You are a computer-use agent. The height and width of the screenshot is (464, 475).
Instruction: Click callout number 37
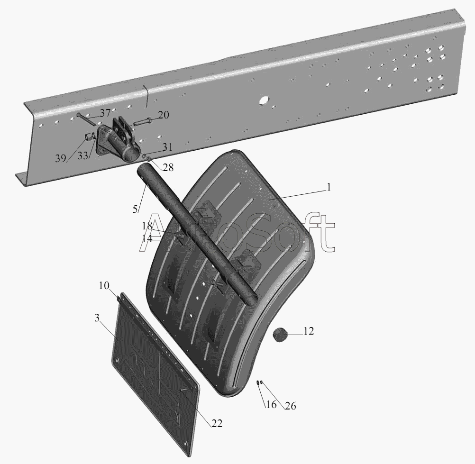coord(105,113)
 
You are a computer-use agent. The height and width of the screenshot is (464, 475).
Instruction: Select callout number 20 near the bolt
coord(163,115)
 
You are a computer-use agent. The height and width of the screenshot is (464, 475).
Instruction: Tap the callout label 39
coord(61,158)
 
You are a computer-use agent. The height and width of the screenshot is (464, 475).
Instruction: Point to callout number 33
coord(82,155)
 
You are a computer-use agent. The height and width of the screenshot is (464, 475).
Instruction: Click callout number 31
coord(167,147)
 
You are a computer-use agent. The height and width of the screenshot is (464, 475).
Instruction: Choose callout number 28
coord(168,167)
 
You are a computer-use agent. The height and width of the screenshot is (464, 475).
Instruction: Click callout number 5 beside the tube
coord(135,209)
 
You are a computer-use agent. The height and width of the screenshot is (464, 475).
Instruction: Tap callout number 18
coord(147,226)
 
